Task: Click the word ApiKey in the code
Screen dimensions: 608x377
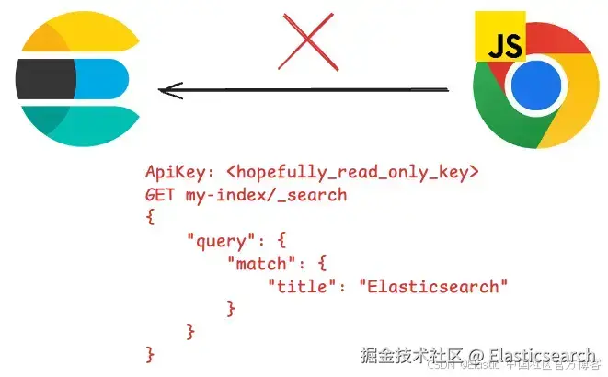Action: [x=176, y=172]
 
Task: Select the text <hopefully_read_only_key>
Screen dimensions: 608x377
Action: [x=352, y=172]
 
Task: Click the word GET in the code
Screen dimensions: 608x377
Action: [x=160, y=195]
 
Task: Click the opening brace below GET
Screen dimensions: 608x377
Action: [x=150, y=218]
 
